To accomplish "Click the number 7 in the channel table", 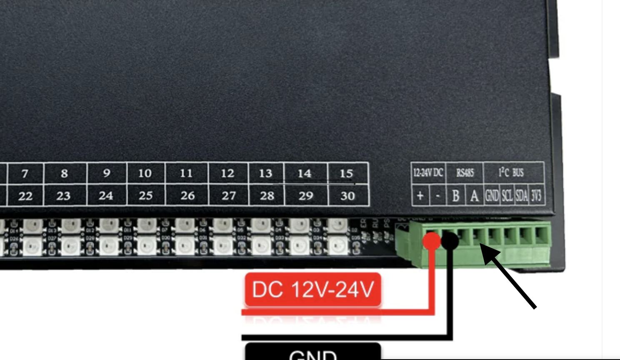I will [x=25, y=173].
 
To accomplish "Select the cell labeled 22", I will [x=25, y=196].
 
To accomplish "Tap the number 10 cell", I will [x=145, y=173].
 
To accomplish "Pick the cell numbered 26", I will [x=187, y=196].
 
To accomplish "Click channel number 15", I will [x=346, y=173].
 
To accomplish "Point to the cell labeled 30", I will [x=348, y=196].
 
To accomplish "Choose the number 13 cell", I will [x=265, y=173].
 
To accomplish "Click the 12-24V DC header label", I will [x=428, y=172].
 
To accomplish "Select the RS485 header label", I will [x=465, y=172].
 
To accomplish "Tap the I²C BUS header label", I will [x=511, y=172].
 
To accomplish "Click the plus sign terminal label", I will [x=420, y=195].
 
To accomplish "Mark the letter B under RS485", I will [x=456, y=196].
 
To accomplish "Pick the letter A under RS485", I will [x=474, y=196].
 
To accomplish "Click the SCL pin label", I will [x=507, y=196].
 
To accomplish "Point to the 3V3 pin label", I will [x=536, y=196].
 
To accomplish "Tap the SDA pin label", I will [x=522, y=196].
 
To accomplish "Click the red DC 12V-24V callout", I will [x=313, y=290].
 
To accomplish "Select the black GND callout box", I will [x=313, y=352].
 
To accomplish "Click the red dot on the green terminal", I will [x=432, y=240].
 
